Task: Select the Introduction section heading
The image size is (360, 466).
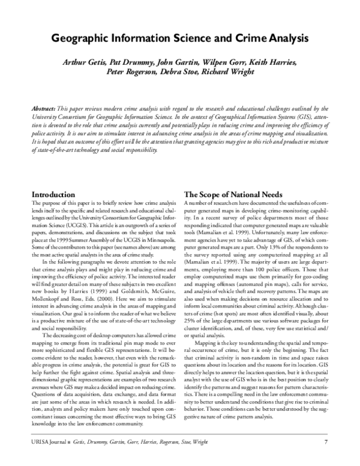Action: click(53, 195)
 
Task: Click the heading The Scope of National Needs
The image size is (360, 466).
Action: click(233, 195)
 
